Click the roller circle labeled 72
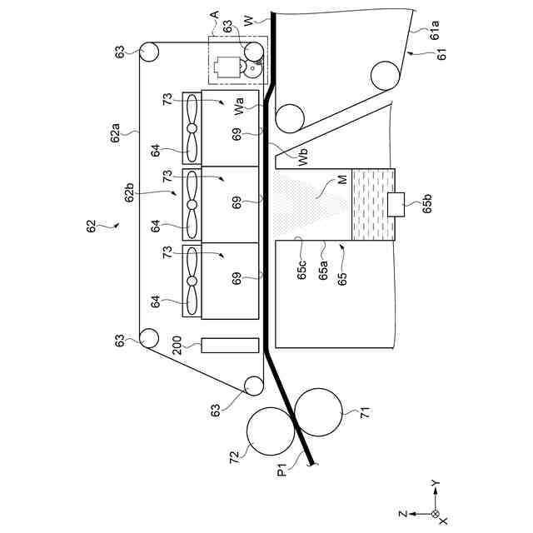(271, 431)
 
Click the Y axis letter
(436, 482)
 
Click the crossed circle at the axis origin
(435, 514)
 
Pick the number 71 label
(363, 413)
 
